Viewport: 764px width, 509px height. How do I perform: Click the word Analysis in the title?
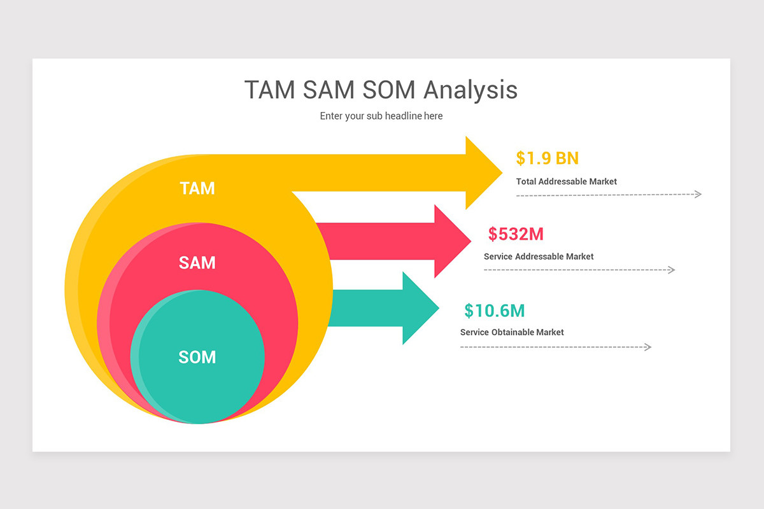pos(470,90)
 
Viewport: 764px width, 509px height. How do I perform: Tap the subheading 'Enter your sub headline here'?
pos(381,116)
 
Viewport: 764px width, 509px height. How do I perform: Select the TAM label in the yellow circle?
pos(197,188)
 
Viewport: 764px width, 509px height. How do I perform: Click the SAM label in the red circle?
pos(197,262)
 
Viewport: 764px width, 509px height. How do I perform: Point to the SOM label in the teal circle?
pos(197,358)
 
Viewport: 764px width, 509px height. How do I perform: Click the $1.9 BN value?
pos(548,158)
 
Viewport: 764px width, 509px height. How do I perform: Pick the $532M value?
pos(516,234)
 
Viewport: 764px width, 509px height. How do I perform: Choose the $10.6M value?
pos(495,310)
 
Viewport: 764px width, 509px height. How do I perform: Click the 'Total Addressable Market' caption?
pos(567,181)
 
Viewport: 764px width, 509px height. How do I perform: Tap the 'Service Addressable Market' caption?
pos(539,256)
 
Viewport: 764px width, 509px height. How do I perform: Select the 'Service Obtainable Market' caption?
pos(512,332)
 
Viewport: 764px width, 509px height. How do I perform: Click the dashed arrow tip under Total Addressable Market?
pos(698,194)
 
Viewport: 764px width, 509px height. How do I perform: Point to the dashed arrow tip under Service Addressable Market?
pos(671,270)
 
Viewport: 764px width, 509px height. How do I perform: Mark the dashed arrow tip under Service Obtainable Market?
pos(648,347)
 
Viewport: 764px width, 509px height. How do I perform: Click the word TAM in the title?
pos(270,90)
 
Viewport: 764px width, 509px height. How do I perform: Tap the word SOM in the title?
pos(389,90)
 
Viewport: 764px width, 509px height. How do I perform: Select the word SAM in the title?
pos(329,90)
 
